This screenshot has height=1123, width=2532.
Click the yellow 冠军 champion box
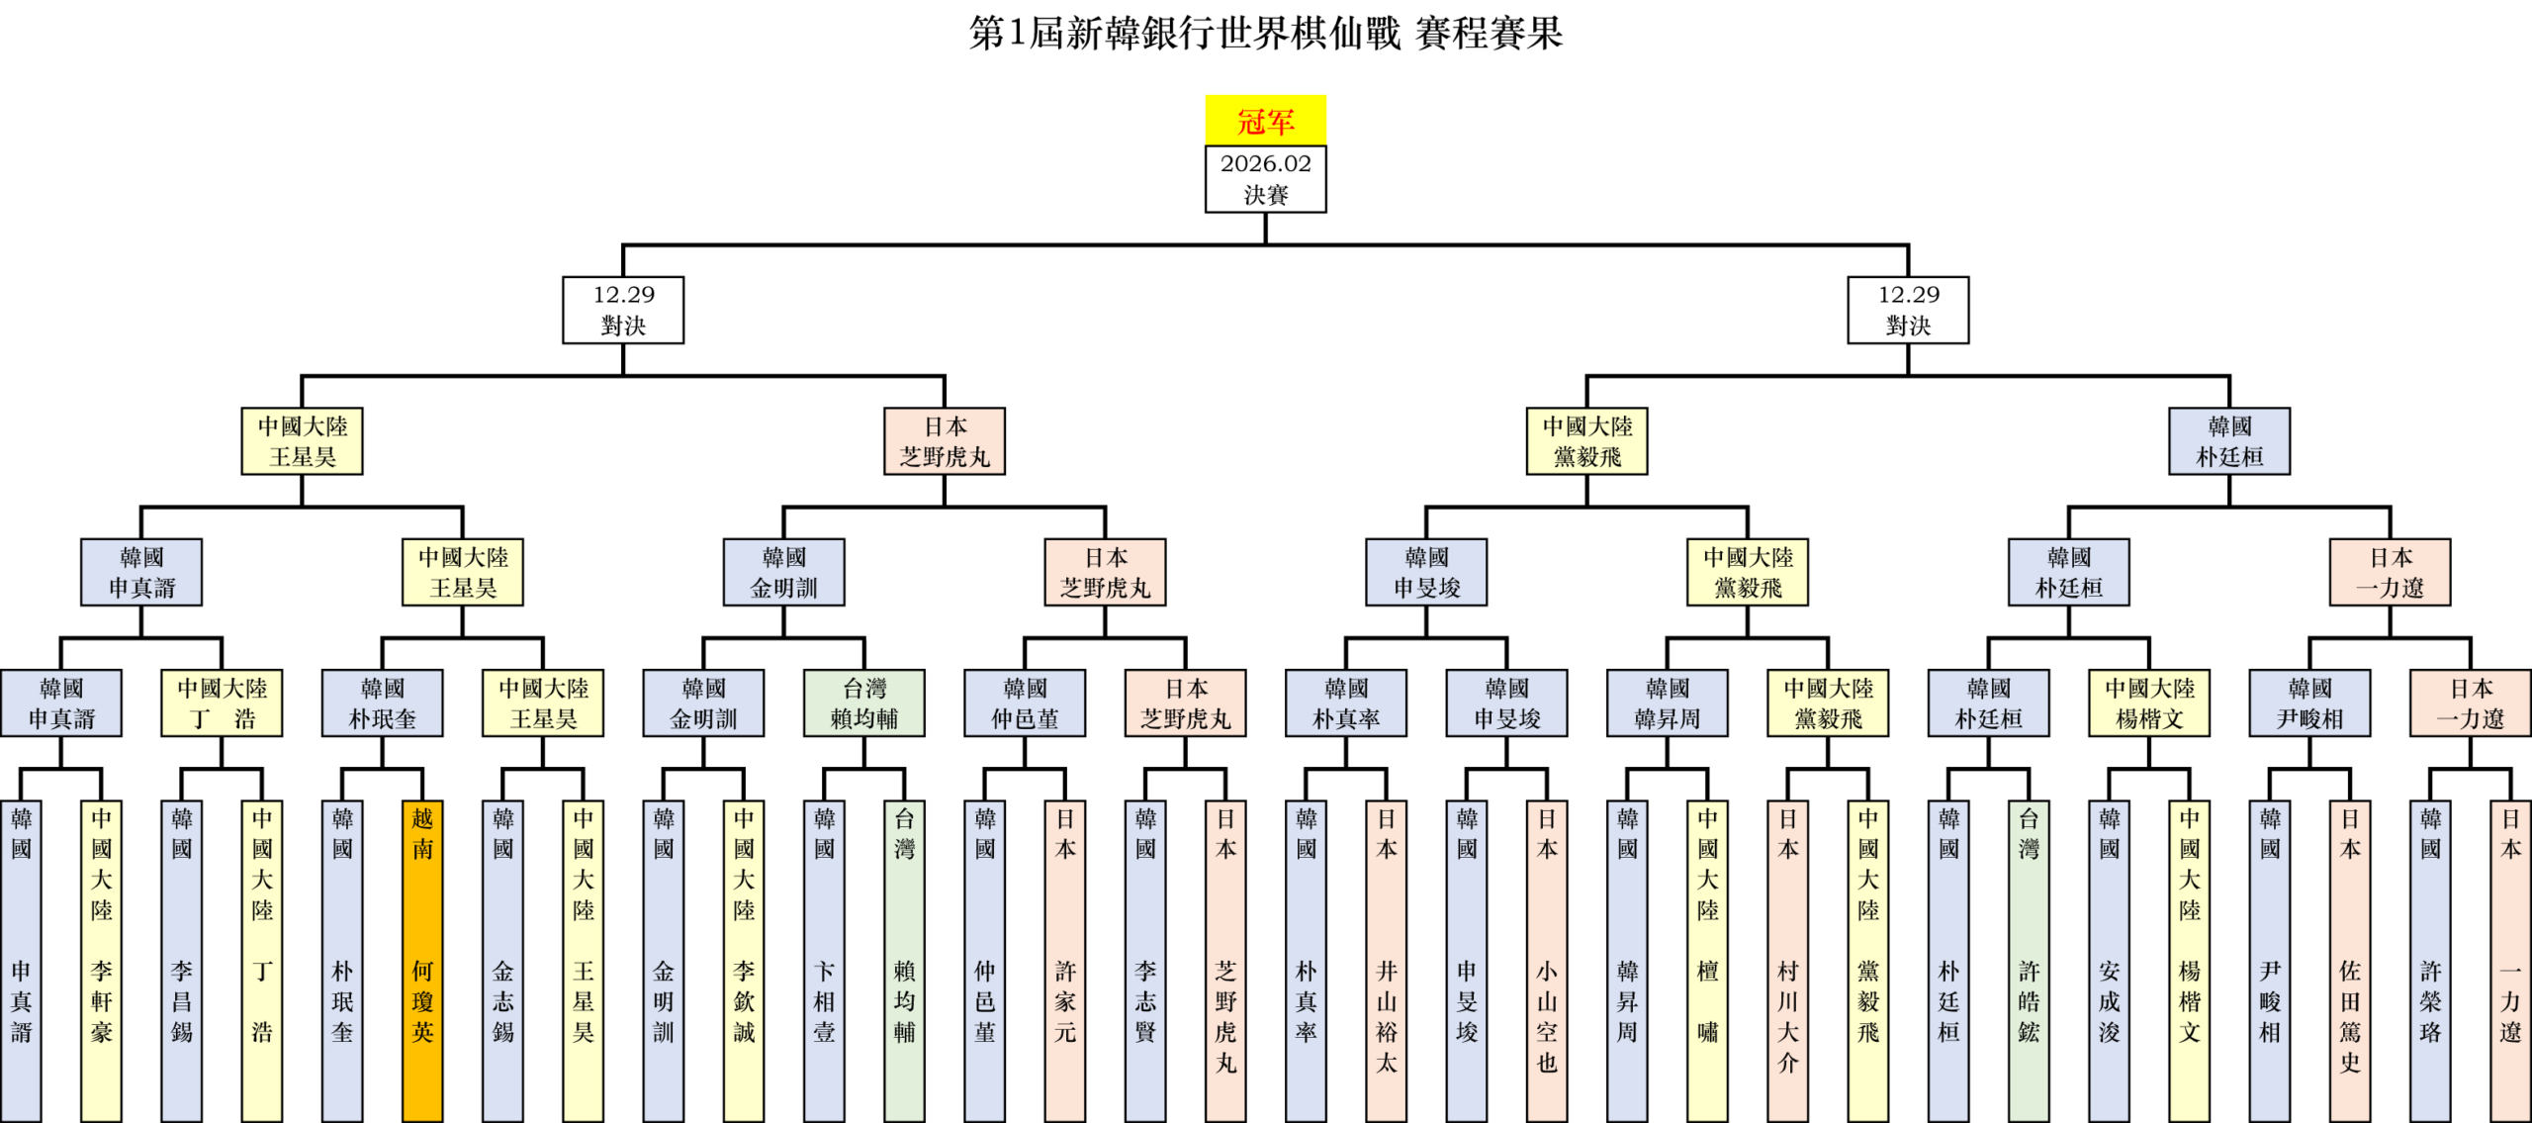[1265, 121]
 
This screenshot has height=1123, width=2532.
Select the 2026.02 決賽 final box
[1265, 179]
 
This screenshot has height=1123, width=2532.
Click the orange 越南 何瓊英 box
[422, 960]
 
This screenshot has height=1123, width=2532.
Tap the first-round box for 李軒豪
[101, 960]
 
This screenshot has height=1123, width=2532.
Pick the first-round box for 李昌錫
[182, 960]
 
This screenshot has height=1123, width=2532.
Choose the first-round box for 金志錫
[502, 960]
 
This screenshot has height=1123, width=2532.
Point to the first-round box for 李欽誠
[744, 960]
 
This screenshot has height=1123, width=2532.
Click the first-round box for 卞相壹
[824, 960]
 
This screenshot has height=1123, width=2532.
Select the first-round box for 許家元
[1065, 960]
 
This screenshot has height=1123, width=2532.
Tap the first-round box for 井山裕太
[1387, 960]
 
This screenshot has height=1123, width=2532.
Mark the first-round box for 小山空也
[1547, 960]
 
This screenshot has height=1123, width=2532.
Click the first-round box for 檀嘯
[1708, 960]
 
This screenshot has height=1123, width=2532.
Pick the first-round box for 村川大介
[1788, 960]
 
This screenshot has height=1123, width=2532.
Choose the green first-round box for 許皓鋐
[2029, 960]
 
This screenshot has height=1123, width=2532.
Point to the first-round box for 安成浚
[2110, 960]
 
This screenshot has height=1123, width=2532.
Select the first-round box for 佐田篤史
[2350, 960]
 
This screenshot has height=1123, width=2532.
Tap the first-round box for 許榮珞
[2430, 960]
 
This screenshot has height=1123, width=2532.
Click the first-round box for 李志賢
[1145, 960]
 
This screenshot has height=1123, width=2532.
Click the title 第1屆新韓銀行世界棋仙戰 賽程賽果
[1265, 34]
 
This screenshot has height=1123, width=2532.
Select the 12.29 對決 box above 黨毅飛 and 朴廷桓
[1908, 310]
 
